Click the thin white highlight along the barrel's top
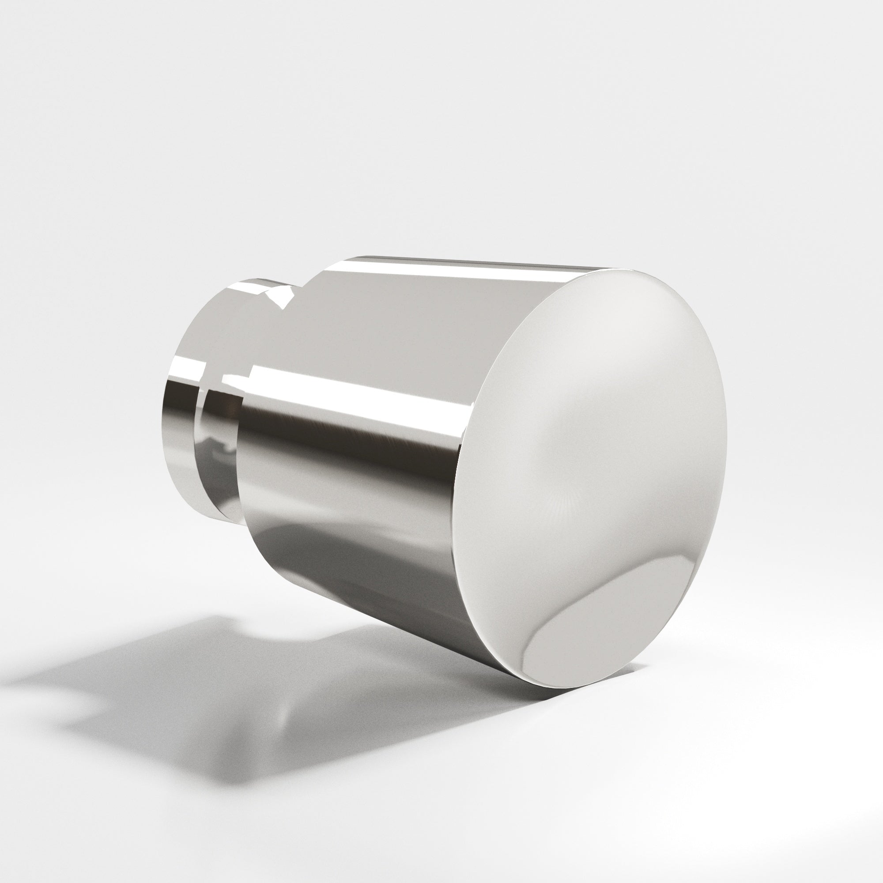click(x=457, y=270)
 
